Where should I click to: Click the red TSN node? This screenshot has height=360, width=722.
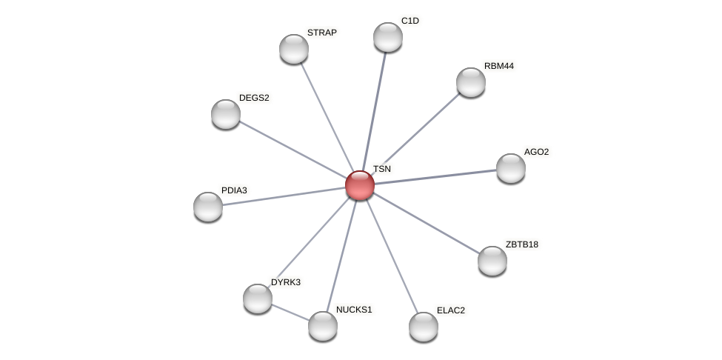(360, 185)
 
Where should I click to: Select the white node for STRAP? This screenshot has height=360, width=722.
(294, 49)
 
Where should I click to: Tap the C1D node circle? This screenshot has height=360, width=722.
(388, 37)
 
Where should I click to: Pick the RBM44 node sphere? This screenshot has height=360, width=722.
(471, 82)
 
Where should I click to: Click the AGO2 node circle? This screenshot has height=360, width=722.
(511, 168)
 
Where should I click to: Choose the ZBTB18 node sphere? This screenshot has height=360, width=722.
(492, 261)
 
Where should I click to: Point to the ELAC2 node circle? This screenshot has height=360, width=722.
(424, 327)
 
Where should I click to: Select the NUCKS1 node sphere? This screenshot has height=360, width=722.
(323, 326)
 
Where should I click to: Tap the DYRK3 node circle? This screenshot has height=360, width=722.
(258, 299)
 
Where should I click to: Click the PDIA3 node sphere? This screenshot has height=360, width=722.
(208, 207)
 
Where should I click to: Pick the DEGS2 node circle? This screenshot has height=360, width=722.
(226, 114)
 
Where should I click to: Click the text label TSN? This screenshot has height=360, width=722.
(381, 169)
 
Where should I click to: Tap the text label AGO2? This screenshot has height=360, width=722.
(536, 152)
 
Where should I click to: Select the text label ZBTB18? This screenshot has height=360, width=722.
(522, 244)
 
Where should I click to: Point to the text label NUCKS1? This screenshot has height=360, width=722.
(354, 310)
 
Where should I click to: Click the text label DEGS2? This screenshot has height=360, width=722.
(254, 98)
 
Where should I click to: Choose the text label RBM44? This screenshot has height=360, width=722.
(498, 66)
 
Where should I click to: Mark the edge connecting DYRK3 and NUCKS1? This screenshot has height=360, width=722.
(290, 313)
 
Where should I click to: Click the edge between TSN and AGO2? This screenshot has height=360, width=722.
(435, 177)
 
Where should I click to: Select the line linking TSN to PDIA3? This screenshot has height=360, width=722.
(284, 196)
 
